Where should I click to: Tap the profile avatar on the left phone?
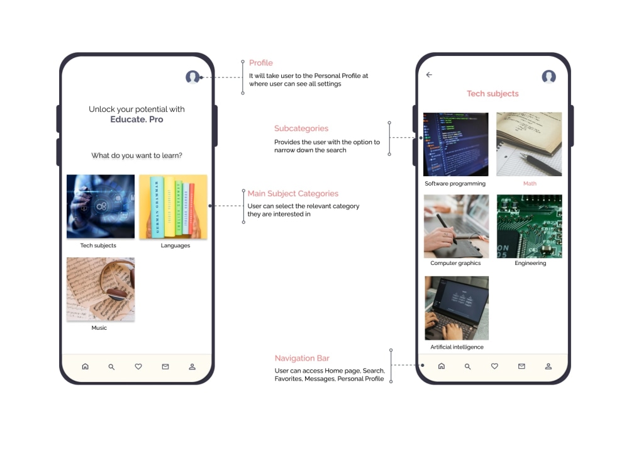pos(192,77)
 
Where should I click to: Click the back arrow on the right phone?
pos(430,75)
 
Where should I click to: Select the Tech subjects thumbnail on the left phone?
pos(101,206)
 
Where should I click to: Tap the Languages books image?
pos(173,206)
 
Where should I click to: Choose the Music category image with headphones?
pos(101,289)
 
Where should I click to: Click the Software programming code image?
pos(456,144)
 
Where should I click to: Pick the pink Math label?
pos(530,184)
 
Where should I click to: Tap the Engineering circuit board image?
pos(529,226)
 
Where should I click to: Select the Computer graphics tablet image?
pos(456,226)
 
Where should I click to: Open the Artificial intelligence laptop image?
pos(456,308)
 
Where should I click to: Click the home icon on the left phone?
pos(86,366)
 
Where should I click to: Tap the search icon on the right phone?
pos(467,366)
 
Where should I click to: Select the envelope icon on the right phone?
pos(521,366)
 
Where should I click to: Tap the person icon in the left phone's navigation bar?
pos(192,366)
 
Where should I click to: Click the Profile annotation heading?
pos(261,63)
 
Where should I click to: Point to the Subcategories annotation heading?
pos(301,128)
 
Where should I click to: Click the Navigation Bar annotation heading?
pos(303,358)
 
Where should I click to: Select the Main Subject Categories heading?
pos(293,194)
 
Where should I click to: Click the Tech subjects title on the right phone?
pos(493,94)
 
